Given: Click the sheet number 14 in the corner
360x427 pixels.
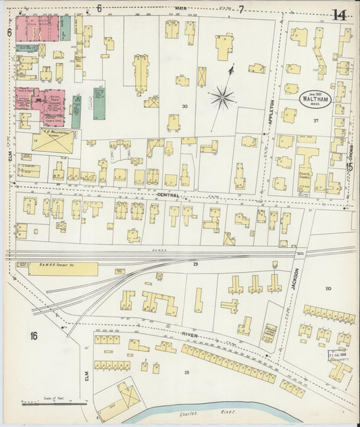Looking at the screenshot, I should [338, 14].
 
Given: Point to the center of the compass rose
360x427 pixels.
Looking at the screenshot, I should [222, 98].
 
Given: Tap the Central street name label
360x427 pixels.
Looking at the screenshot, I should [168, 193].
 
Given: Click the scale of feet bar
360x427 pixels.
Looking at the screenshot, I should [54, 404].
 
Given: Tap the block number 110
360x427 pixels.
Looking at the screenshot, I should [328, 288].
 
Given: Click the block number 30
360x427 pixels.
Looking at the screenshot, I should [184, 106].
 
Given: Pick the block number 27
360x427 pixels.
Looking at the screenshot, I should [315, 120].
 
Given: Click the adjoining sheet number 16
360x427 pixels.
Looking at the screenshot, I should [32, 336].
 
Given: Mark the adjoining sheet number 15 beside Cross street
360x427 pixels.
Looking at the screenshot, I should [350, 167].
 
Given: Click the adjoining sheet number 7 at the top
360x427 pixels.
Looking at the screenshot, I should [240, 9].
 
